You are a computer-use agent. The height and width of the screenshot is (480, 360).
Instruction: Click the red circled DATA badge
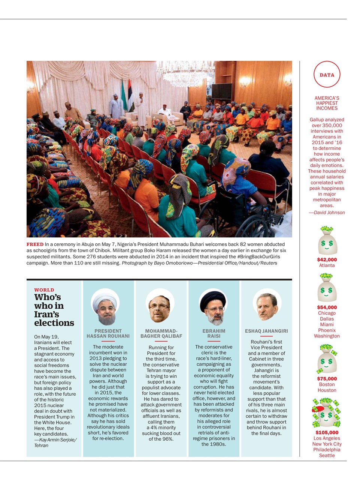tap(327, 75)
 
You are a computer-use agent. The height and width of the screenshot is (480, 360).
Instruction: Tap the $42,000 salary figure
tap(327, 259)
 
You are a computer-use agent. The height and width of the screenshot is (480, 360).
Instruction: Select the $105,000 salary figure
tap(327, 432)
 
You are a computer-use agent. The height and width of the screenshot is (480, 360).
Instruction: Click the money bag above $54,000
tap(326, 289)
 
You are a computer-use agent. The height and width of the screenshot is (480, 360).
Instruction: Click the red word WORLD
tap(44, 290)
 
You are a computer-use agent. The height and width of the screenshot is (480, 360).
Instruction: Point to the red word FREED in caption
tap(35, 244)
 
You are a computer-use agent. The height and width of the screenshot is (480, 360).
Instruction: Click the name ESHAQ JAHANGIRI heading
tap(266, 331)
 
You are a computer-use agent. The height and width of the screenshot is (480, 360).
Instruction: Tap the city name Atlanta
tap(327, 265)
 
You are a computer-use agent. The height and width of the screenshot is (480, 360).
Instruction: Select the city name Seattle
tap(327, 456)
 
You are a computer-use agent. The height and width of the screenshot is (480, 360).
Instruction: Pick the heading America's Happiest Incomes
tap(327, 103)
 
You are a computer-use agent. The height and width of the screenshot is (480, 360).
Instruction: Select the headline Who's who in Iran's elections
tap(54, 310)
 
